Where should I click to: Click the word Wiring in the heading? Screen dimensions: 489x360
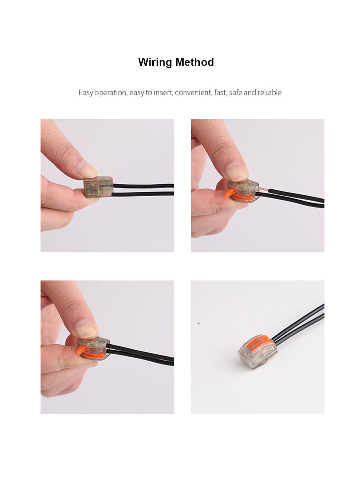tap(155, 62)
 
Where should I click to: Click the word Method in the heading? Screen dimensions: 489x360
tap(194, 62)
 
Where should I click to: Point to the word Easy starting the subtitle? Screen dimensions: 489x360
tap(86, 92)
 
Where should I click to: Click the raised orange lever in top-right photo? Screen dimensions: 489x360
tap(231, 192)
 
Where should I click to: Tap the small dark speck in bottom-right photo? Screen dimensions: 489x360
tap(199, 323)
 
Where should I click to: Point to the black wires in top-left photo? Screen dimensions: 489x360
tap(144, 190)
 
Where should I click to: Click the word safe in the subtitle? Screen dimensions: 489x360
tap(235, 92)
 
